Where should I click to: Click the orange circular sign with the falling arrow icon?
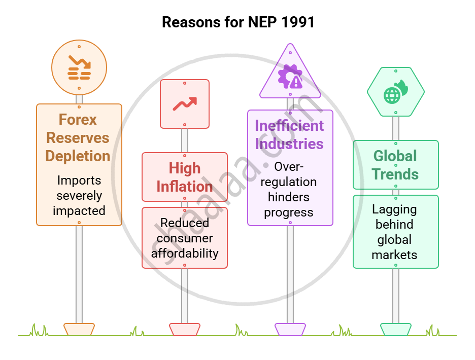point(79,68)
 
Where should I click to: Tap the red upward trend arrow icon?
point(185,103)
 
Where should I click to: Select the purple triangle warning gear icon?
point(290,76)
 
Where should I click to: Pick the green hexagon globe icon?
point(396,92)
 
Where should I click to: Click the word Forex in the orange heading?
point(78,120)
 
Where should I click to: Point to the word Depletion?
point(78,156)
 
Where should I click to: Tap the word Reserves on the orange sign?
point(78,138)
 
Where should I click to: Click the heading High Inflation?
point(185,177)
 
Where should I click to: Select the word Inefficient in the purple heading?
point(289,125)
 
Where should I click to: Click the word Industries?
point(289,143)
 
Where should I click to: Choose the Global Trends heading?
point(395,165)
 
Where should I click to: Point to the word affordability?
point(185,253)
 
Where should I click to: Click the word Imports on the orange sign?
point(79,181)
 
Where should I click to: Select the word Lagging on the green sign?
point(394,209)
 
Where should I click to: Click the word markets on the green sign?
point(394,255)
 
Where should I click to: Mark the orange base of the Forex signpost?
point(79,329)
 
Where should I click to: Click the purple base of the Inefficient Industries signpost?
point(290,329)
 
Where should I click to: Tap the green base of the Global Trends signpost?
point(396,329)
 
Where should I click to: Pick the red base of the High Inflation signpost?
point(185,329)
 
